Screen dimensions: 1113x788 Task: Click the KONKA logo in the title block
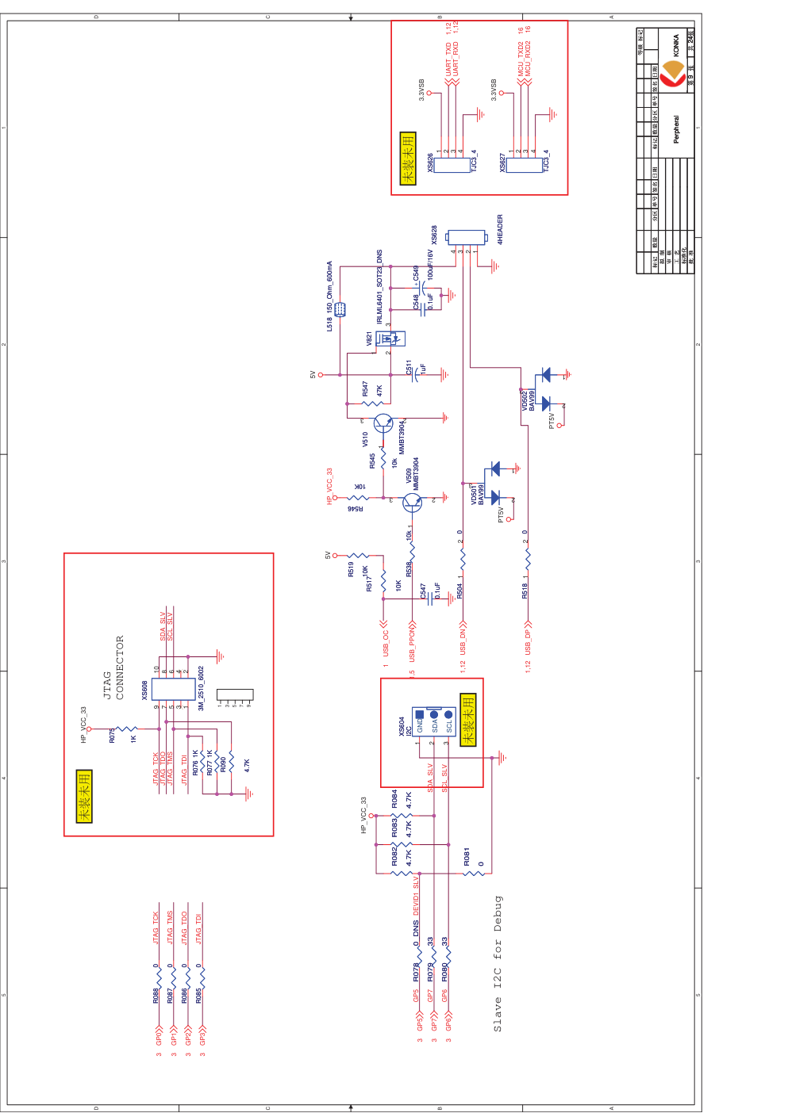pos(672,74)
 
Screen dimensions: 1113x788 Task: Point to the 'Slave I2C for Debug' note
pos(498,963)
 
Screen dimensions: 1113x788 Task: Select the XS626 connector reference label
pos(430,163)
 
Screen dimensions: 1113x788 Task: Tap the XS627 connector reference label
pos(502,163)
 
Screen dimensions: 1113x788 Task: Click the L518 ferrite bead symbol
pos(340,309)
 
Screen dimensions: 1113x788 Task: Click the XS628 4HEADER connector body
pos(465,237)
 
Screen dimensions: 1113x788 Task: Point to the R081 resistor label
pos(467,857)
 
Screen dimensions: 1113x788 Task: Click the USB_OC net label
pos(386,643)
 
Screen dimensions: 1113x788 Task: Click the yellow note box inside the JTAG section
pos(84,795)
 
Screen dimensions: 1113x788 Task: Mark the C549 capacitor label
pos(417,274)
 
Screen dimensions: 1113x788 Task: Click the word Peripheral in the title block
pos(676,129)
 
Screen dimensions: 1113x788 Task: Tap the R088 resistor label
pos(156,995)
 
